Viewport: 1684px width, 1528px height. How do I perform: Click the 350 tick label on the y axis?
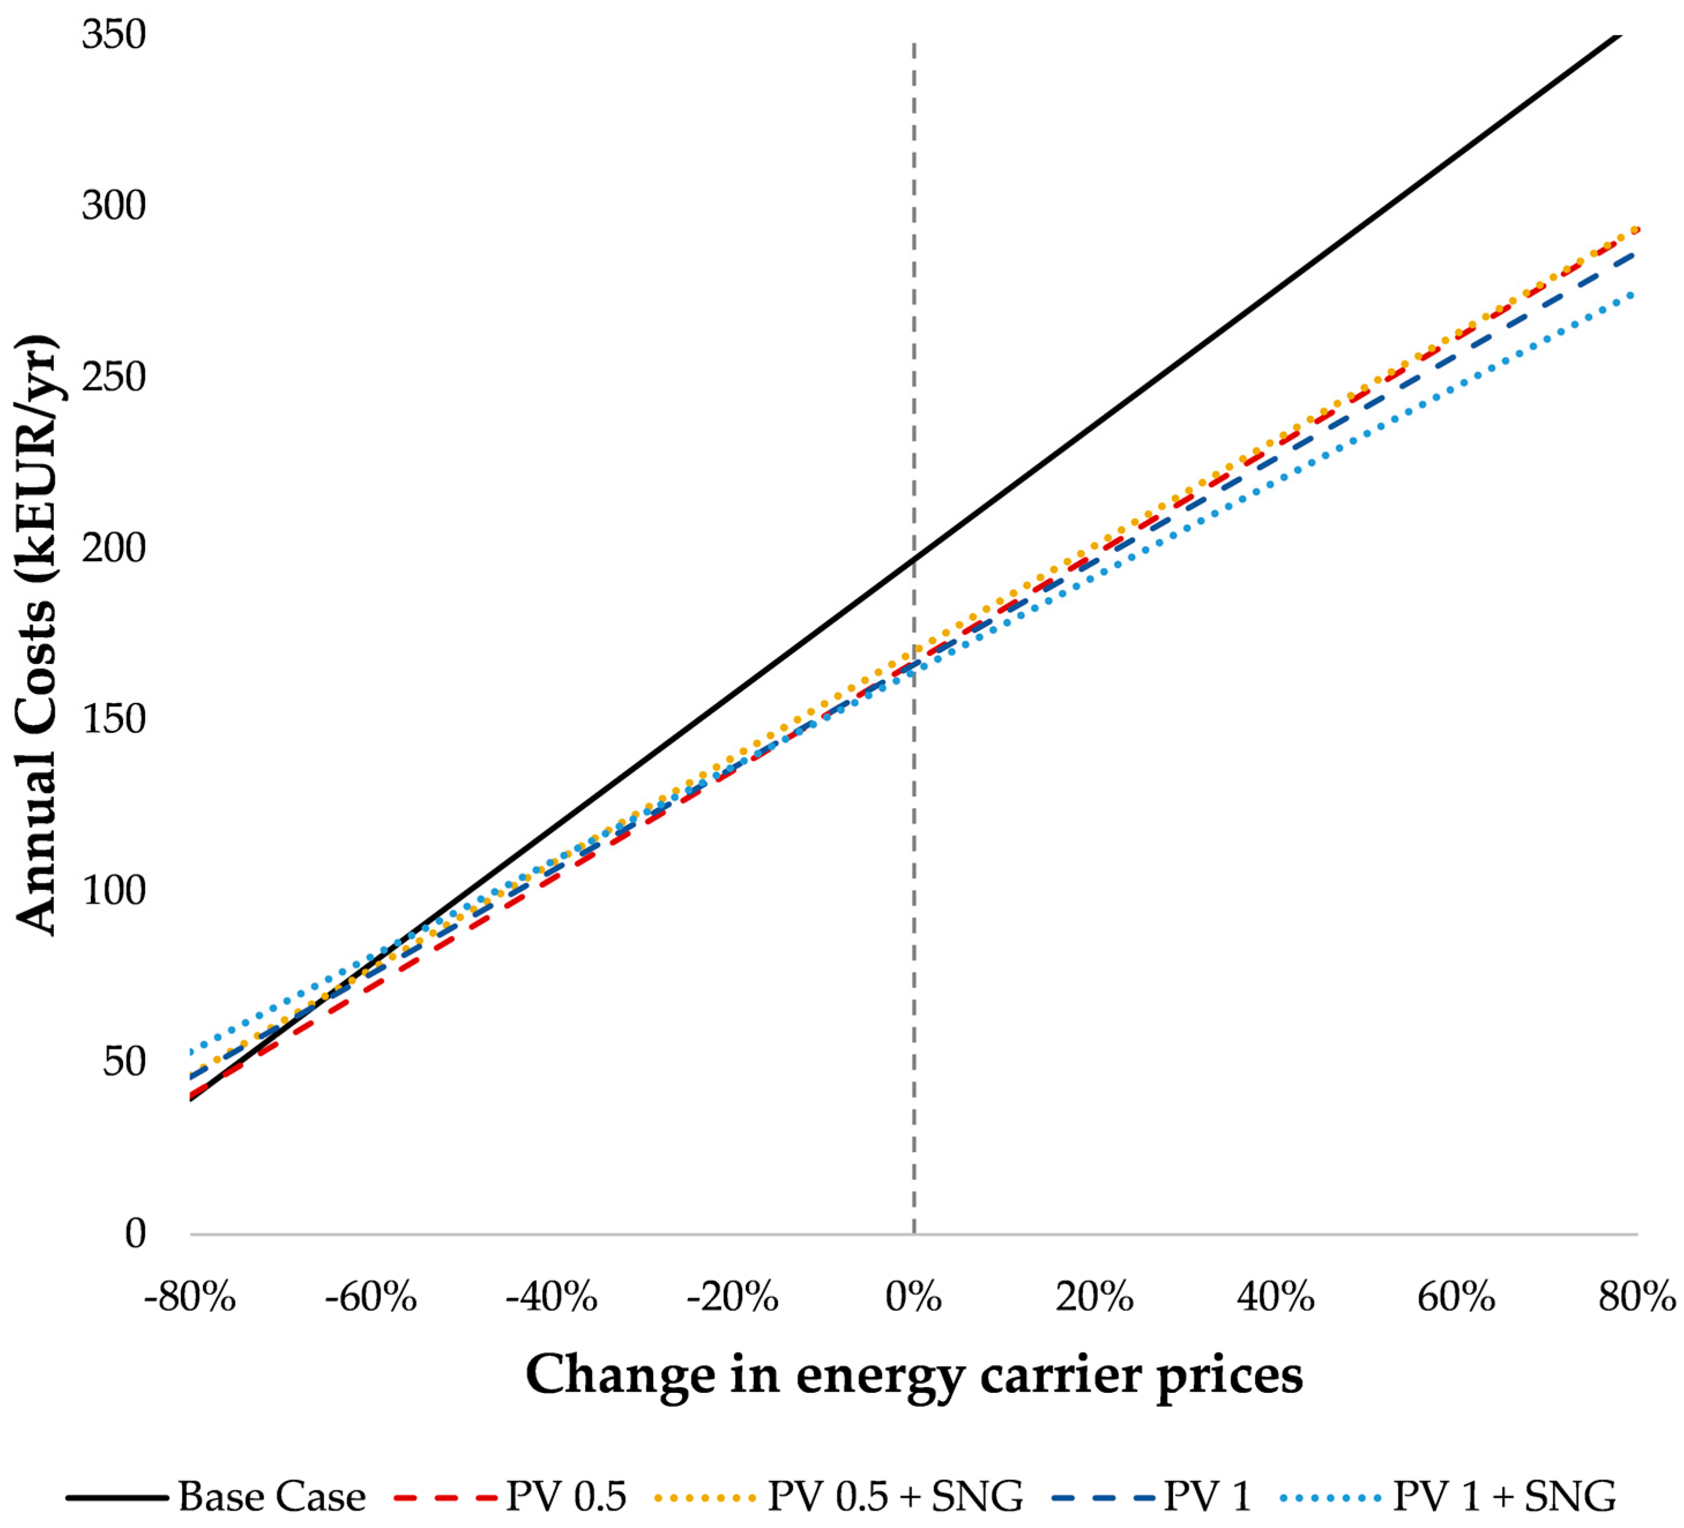114,35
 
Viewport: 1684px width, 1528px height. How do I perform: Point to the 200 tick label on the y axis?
114,548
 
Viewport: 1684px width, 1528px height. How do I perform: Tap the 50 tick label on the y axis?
124,1062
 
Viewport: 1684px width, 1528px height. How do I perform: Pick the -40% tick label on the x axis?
552,1298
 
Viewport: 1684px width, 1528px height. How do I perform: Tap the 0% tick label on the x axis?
914,1298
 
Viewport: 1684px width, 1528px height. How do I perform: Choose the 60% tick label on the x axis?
1456,1298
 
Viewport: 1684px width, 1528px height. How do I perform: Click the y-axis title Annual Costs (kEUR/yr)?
37,634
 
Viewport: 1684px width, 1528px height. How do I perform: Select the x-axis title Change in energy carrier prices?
914,1375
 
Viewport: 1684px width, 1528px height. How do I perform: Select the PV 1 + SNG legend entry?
1504,1496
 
